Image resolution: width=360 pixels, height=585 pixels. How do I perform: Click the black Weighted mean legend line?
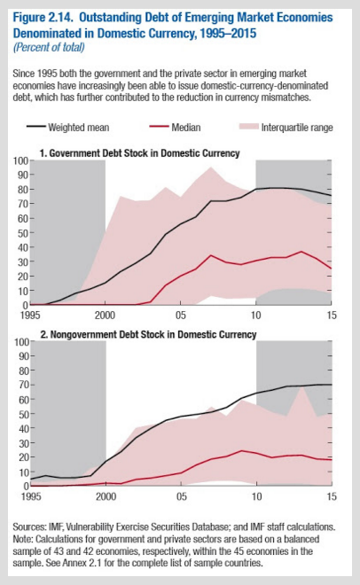(36, 128)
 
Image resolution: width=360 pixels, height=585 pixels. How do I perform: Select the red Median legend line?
(159, 128)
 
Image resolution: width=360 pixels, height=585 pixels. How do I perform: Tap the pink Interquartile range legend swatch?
(248, 128)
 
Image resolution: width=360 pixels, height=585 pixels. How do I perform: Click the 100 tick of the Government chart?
(21, 160)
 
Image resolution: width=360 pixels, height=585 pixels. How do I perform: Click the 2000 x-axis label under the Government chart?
(105, 316)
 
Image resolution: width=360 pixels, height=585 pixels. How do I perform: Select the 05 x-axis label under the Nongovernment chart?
(181, 496)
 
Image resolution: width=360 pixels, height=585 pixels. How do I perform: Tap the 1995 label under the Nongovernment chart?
(31, 496)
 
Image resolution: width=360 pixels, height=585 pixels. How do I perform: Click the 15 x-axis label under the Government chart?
(332, 316)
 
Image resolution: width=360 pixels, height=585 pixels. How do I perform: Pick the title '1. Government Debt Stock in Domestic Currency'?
(139, 153)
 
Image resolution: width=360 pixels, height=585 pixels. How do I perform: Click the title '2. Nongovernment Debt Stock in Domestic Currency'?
(148, 334)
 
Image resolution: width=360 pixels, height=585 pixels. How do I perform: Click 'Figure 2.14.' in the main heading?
(43, 18)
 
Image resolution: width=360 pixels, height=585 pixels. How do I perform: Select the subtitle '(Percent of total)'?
(49, 47)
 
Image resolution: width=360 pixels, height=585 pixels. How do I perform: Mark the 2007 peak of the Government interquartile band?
(211, 168)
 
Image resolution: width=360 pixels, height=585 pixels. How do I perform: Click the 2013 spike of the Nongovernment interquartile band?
(301, 387)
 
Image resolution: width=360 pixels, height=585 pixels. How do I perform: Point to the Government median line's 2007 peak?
(211, 255)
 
